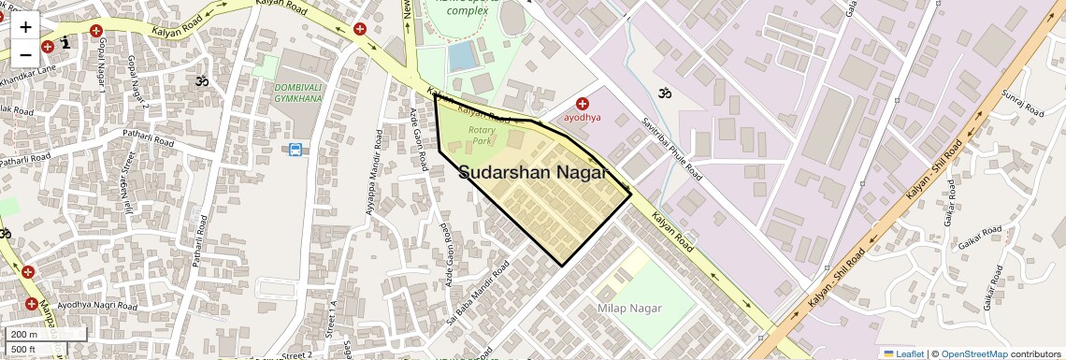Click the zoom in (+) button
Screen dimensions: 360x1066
click(x=25, y=27)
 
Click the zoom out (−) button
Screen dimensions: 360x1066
click(x=25, y=53)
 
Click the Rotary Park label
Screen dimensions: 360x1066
click(x=482, y=136)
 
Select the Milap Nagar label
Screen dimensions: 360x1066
click(x=629, y=309)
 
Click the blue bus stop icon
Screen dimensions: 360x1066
click(x=295, y=150)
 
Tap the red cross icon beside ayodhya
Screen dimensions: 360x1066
click(x=583, y=105)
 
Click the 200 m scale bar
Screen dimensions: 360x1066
click(x=46, y=334)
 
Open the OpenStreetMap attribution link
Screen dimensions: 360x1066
click(x=973, y=353)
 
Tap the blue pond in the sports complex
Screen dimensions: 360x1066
click(x=462, y=57)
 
